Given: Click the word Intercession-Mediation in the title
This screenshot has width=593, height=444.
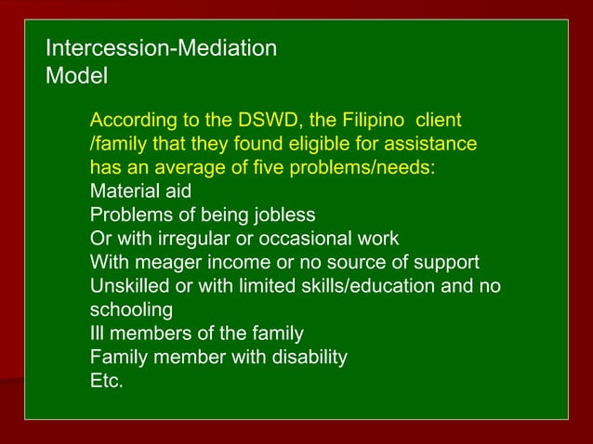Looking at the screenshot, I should [161, 48].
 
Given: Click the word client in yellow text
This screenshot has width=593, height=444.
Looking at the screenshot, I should [440, 121].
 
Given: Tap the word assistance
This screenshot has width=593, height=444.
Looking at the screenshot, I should [424, 145].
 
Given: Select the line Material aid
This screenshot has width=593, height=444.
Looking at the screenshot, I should [140, 191].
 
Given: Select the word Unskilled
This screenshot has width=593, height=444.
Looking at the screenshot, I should [125, 286].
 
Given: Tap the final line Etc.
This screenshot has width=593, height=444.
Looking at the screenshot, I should [106, 381].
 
